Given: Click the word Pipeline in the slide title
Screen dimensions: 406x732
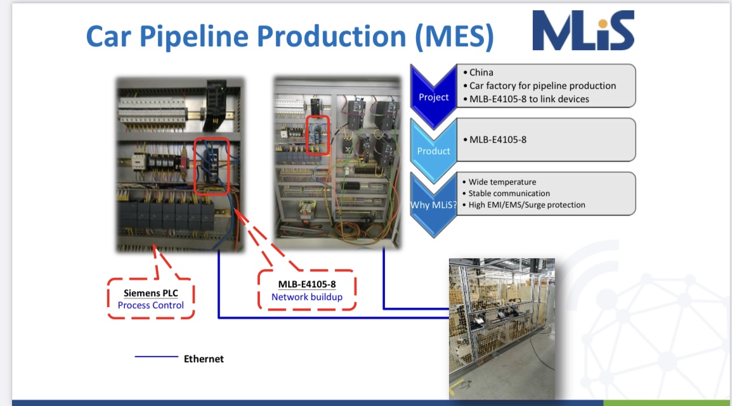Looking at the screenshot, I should coord(202,36).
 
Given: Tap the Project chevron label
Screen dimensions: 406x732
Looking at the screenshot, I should coord(433,97).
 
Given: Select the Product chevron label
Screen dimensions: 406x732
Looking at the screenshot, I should coord(433,151).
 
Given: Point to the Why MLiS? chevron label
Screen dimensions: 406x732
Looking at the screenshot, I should coord(434,205).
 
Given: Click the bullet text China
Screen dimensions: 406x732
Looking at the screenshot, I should coord(481,72).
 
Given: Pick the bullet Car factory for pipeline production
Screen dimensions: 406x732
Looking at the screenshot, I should coord(542,86).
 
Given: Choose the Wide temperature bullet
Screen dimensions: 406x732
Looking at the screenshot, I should coord(502,182).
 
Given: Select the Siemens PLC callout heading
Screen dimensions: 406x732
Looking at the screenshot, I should coord(151,293).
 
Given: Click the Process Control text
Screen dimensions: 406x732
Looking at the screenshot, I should coord(151,305).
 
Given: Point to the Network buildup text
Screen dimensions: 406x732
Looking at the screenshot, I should coord(307,297).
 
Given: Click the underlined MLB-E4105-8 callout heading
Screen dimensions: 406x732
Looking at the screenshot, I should coord(307,284).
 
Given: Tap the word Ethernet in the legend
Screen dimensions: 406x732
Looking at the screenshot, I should coord(204,359).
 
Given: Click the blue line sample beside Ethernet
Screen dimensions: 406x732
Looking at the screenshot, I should coord(156,357).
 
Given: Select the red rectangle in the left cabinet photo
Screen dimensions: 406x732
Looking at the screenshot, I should coord(211,165).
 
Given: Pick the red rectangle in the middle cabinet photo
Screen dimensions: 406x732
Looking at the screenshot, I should coord(318,134).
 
